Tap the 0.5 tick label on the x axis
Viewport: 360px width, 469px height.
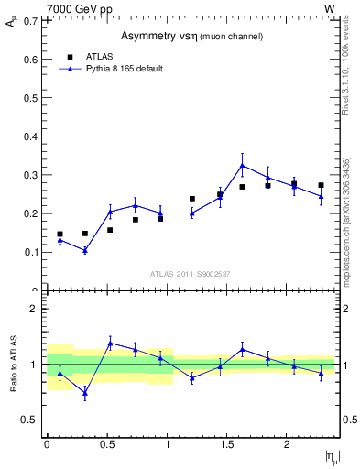tap(106, 443)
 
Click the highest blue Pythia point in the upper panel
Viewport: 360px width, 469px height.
tap(242, 166)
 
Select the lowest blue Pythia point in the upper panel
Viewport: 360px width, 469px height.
tap(84, 250)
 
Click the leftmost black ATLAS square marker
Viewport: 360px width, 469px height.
tap(60, 234)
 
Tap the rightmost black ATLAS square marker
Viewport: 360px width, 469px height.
tap(321, 185)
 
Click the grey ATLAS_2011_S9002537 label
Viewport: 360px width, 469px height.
tap(191, 274)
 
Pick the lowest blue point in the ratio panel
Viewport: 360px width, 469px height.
tap(84, 394)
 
